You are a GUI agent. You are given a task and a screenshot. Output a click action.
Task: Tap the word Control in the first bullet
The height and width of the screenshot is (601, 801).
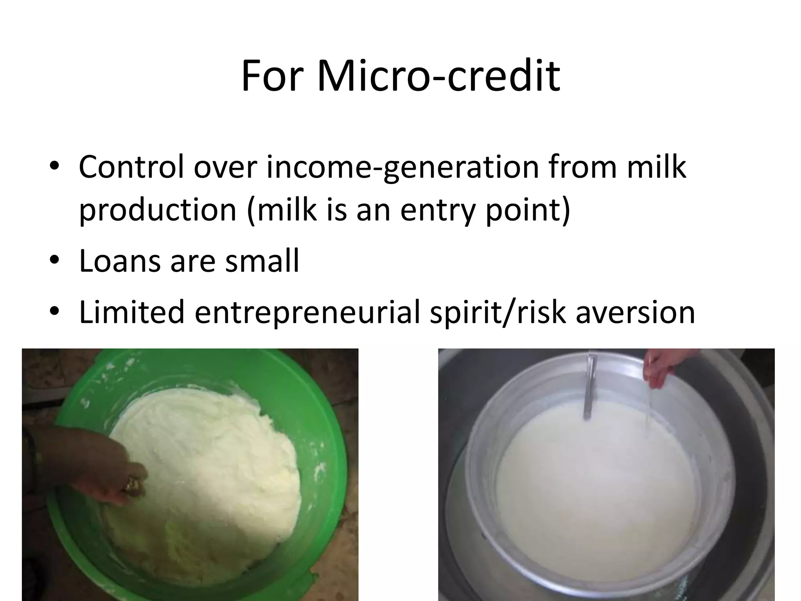(x=131, y=167)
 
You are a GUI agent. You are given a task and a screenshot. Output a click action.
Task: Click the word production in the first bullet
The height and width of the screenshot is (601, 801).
(x=158, y=210)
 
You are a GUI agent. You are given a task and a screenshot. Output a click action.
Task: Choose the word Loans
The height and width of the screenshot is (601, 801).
(x=119, y=261)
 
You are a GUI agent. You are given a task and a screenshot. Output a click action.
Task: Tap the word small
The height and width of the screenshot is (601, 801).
(x=262, y=261)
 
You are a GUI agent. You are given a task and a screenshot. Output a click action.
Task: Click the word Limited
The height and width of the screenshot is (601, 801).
(x=131, y=312)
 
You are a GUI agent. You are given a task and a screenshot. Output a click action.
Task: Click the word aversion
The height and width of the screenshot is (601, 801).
(x=635, y=312)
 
